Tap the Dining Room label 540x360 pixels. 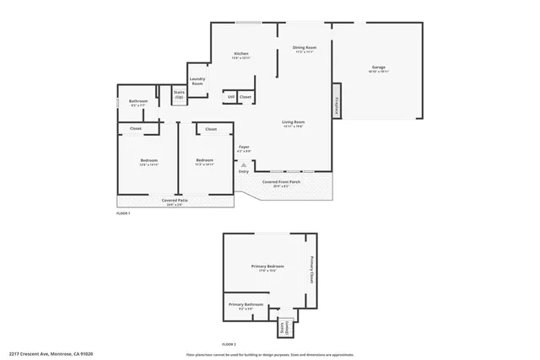[x=304, y=49]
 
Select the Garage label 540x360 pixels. [x=379, y=68]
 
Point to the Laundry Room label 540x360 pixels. [x=197, y=81]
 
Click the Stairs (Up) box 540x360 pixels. [x=179, y=95]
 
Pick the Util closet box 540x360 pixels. [x=230, y=98]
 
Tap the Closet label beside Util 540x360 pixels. [x=245, y=98]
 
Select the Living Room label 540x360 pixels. [x=293, y=123]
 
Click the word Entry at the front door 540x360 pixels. [x=244, y=172]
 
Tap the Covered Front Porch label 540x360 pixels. [x=280, y=182]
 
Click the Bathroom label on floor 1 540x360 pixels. [x=138, y=102]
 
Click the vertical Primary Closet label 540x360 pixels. [x=311, y=268]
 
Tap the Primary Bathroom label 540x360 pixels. [x=246, y=304]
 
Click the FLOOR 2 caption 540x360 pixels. [x=230, y=345]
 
